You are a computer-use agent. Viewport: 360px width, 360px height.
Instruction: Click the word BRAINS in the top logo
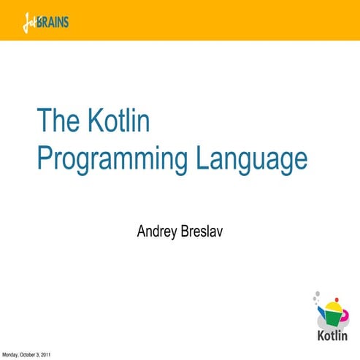56,21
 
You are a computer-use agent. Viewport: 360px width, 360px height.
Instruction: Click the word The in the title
56,120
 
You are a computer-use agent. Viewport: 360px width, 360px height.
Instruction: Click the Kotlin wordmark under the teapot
333,335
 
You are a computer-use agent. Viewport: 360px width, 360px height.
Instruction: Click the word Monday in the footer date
11,355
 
